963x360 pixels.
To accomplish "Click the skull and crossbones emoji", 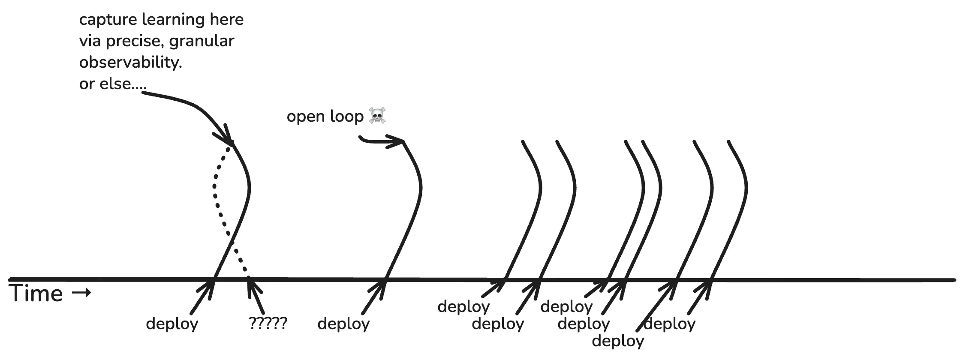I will pos(377,116).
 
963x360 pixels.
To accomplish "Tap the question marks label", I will pos(268,323).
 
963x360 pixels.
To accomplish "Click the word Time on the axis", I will pos(36,294).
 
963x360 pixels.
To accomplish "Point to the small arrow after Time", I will pos(81,293).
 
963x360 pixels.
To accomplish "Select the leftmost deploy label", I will pos(172,324).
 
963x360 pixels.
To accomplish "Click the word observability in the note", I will pos(130,63).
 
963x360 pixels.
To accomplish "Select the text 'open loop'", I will pos(325,116).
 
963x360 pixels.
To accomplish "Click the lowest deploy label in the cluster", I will pos(618,341).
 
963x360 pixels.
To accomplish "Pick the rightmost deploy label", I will pos(669,324).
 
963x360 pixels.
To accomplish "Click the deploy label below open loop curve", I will pos(343,324).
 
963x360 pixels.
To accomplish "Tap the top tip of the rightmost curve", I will pos(729,141).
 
